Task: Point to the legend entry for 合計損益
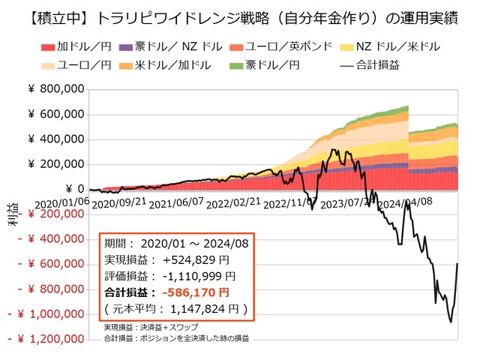click(x=371, y=64)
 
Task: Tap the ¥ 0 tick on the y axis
click(x=71, y=188)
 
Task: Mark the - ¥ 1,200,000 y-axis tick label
click(x=46, y=339)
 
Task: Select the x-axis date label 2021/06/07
click(x=175, y=202)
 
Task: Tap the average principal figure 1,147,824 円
click(x=203, y=308)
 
